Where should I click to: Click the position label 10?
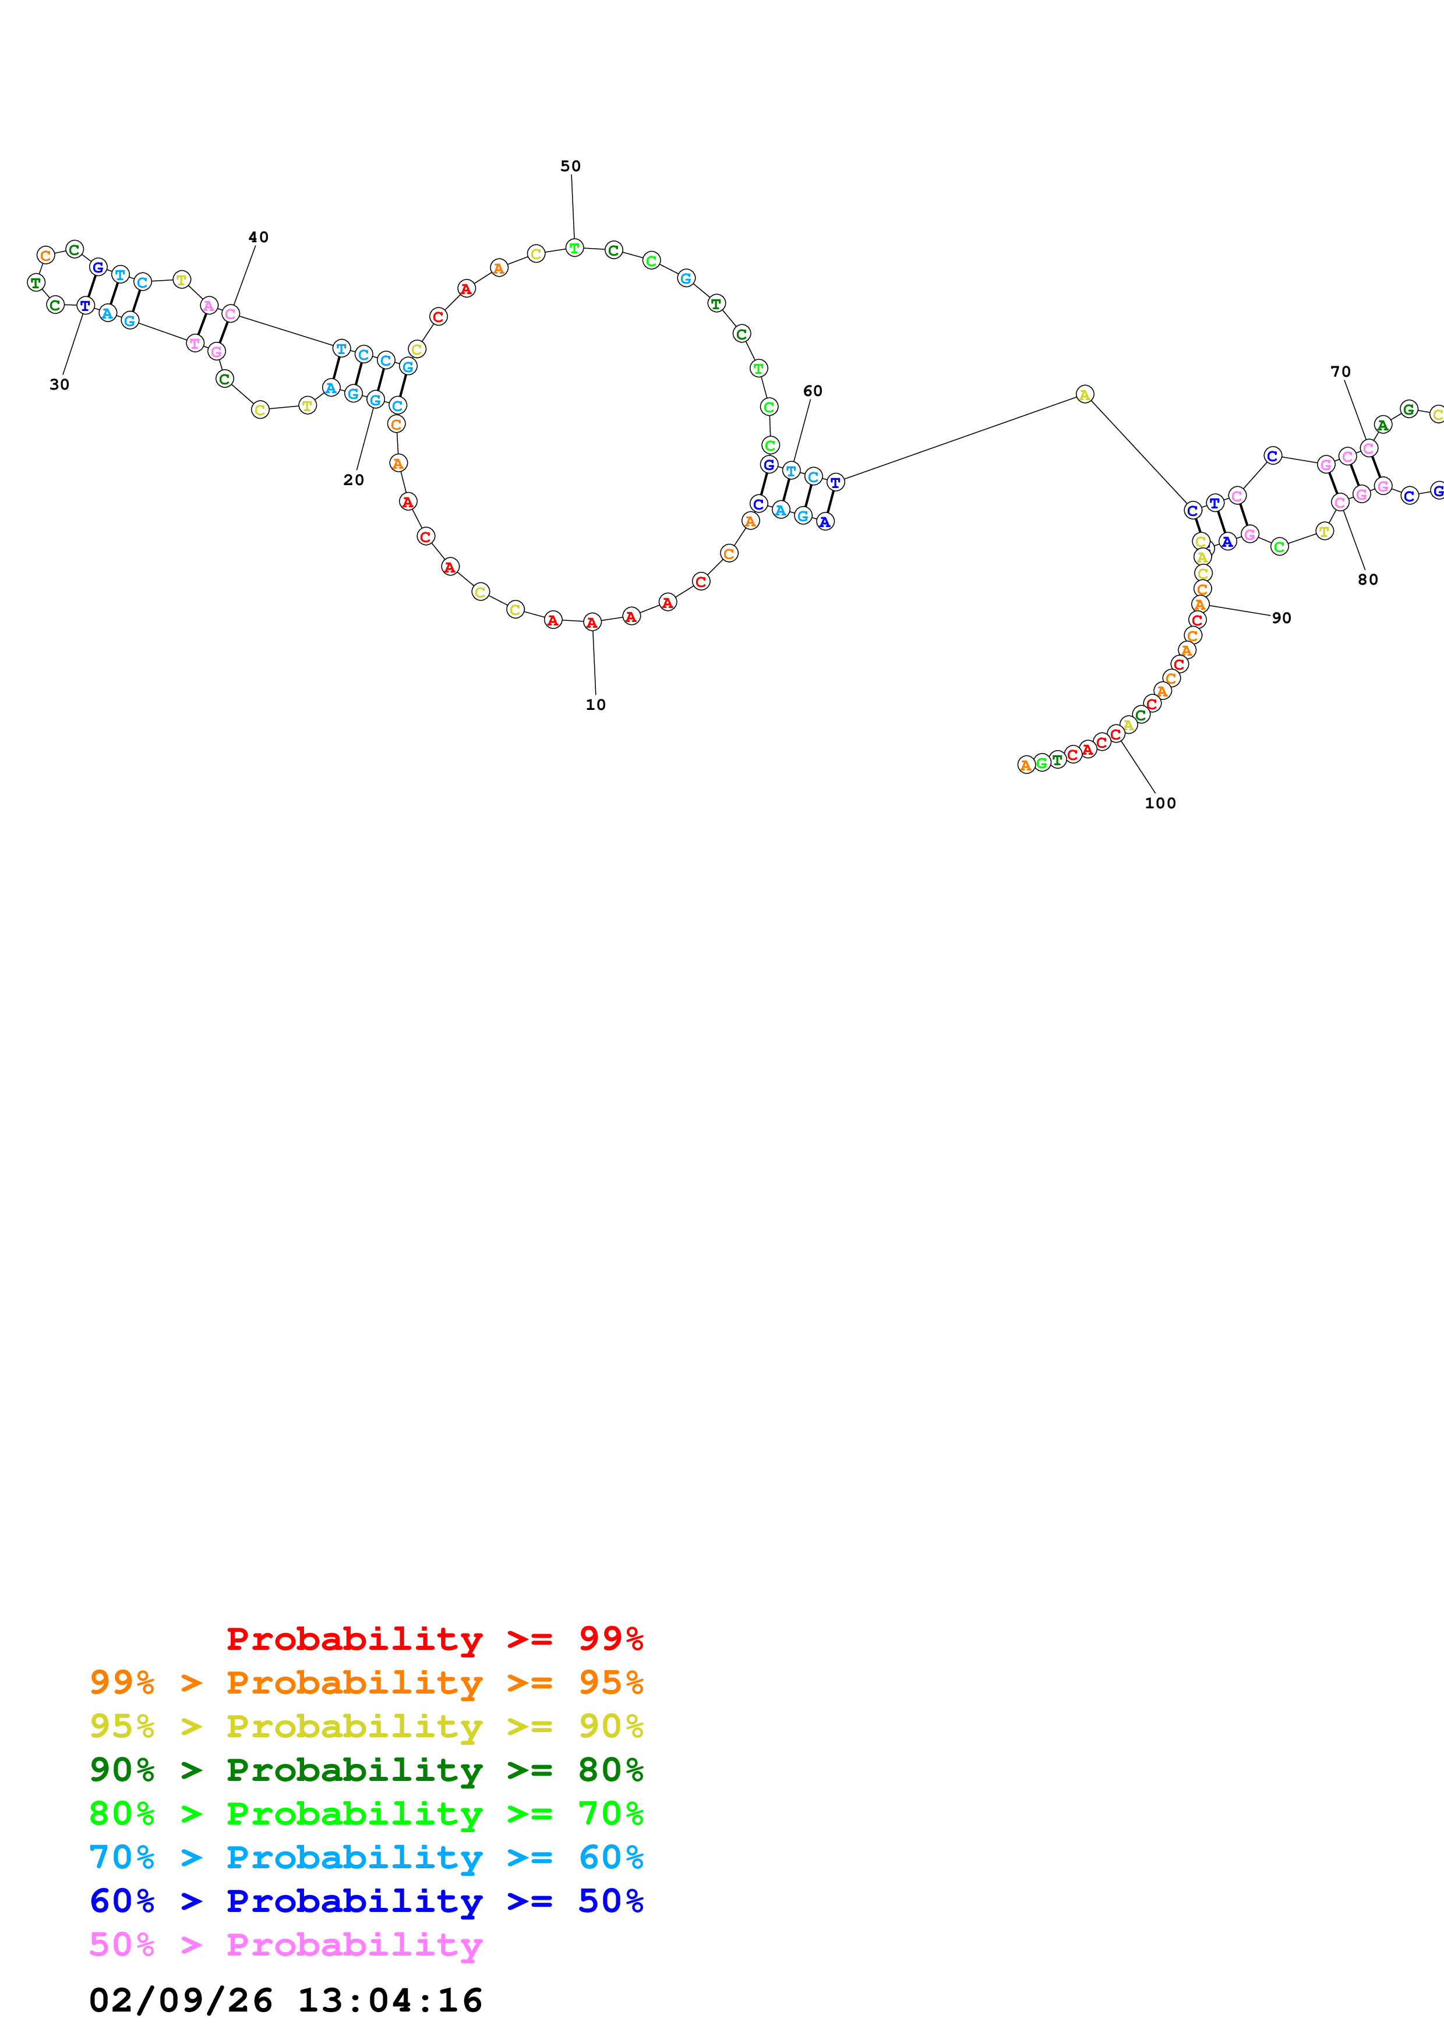[595, 705]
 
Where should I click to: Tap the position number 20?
[353, 480]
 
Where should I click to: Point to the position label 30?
[59, 384]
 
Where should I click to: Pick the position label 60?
[813, 391]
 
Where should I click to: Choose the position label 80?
[1368, 579]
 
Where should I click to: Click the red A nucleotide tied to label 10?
[592, 622]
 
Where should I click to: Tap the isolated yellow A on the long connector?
[1083, 394]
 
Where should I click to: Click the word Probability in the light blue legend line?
[354, 1857]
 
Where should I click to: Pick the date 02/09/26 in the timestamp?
[181, 2000]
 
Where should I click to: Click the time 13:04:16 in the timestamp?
[390, 2000]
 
